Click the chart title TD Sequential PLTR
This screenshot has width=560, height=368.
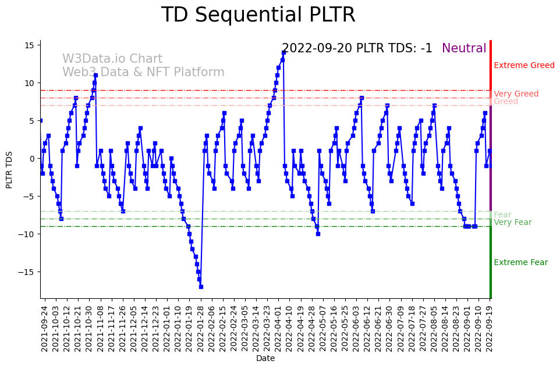click(258, 15)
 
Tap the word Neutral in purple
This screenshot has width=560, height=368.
click(464, 48)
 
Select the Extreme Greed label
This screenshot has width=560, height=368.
click(524, 66)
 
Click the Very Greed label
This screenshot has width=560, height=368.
click(516, 94)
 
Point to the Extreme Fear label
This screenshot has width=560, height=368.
click(520, 263)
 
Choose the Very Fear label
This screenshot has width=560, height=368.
click(512, 223)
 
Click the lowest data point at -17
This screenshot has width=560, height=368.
click(201, 287)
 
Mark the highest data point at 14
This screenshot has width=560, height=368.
click(283, 52)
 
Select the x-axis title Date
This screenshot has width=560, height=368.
click(265, 359)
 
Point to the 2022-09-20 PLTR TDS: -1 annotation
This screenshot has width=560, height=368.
click(357, 48)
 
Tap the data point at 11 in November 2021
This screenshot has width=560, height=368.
click(95, 75)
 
